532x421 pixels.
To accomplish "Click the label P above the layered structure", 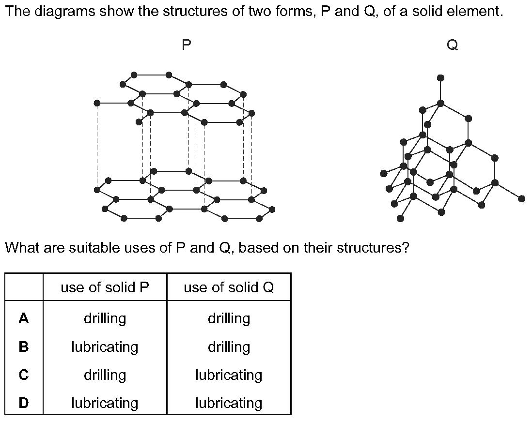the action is (186, 45).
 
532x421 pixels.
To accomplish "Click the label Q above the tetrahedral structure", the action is (452, 45).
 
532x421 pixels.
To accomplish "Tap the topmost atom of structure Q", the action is (440, 78).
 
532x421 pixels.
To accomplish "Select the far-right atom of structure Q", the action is (522, 198).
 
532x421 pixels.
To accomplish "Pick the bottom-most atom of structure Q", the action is (400, 218).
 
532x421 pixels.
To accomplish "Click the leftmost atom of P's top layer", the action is (97, 103).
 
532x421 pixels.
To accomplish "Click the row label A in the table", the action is (24, 318).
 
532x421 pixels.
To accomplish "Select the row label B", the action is (24, 347).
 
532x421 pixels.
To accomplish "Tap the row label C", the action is (24, 375).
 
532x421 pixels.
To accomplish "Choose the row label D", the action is (24, 403).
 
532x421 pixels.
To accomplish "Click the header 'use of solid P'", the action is (105, 287).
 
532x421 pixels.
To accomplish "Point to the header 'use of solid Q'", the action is (229, 287).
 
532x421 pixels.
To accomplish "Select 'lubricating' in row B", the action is (105, 347).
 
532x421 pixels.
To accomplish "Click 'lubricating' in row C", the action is (229, 375).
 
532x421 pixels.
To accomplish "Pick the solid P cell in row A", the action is (105, 318).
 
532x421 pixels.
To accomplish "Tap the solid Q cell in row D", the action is (229, 404).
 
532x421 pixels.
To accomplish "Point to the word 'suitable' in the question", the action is (90, 248).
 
